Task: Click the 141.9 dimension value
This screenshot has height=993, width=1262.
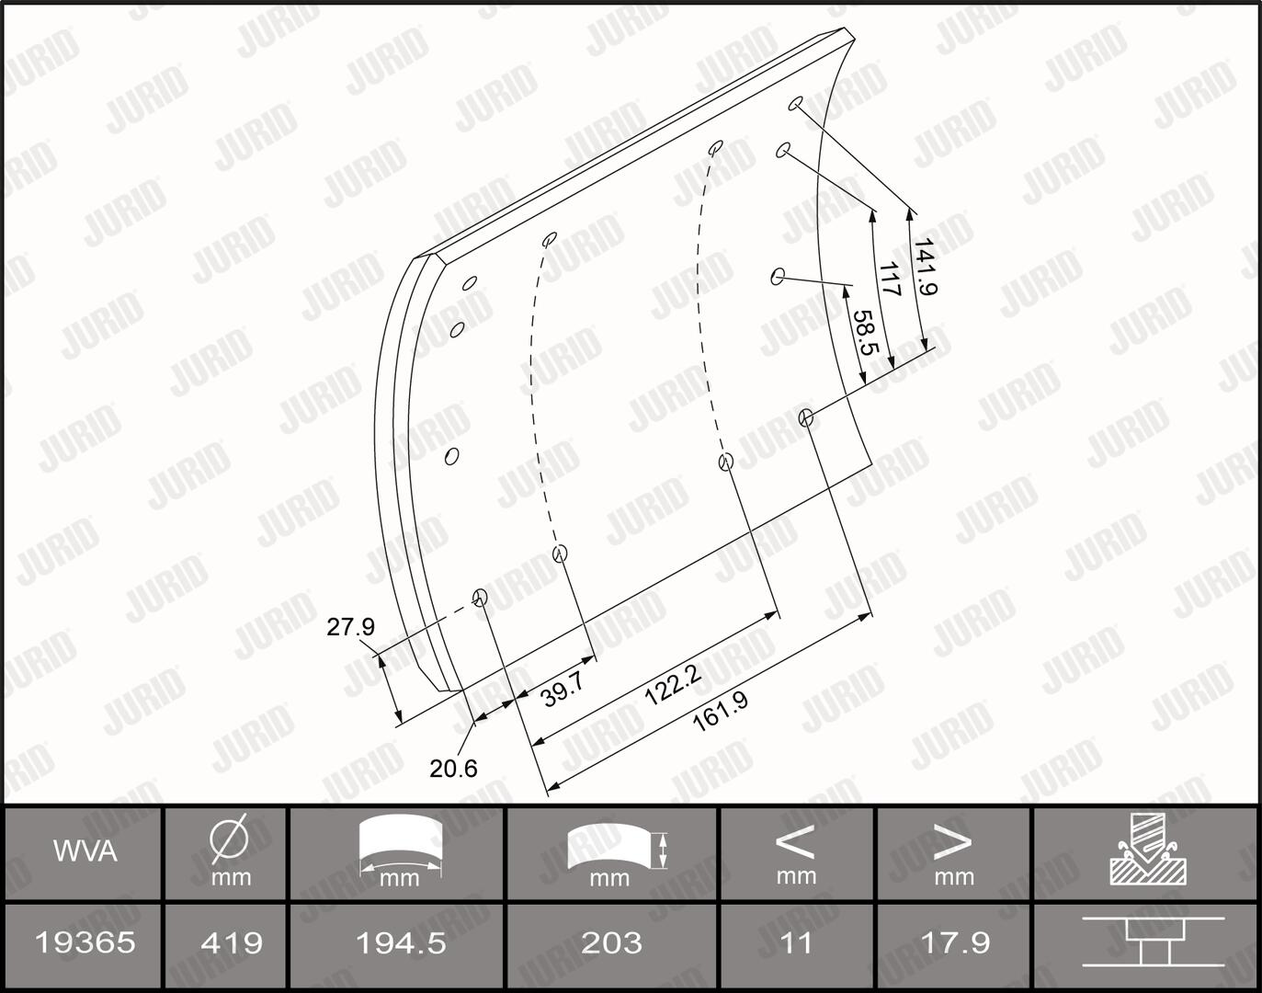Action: coord(926,267)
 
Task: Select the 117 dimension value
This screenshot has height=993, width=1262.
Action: coord(889,279)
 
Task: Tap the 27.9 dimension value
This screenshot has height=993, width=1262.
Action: coord(351,627)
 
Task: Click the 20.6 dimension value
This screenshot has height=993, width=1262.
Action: coord(453,768)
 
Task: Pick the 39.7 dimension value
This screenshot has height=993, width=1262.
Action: coord(563,691)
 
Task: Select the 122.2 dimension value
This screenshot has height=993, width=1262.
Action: coord(673,686)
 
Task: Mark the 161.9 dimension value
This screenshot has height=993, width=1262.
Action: coord(720,712)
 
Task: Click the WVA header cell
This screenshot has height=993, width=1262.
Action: coord(85,851)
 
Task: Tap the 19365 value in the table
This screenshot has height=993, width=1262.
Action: coord(85,942)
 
